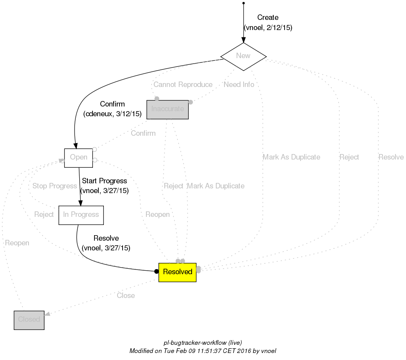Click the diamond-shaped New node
point(243,56)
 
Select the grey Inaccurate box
point(167,109)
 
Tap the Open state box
point(78,158)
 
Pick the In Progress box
point(81,215)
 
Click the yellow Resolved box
point(177,272)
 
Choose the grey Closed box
point(29,319)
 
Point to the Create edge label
point(268,18)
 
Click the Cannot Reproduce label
point(183,85)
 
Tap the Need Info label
point(239,85)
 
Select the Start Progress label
point(104,181)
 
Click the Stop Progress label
point(54,186)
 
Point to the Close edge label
point(126,296)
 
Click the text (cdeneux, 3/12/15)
point(112,114)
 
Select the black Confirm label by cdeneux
point(112,104)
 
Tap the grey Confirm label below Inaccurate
point(143,133)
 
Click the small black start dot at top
point(244,3)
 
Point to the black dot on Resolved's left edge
point(156,271)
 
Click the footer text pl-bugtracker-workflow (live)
point(203,343)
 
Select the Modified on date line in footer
point(203,351)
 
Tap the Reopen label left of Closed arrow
point(17,243)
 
